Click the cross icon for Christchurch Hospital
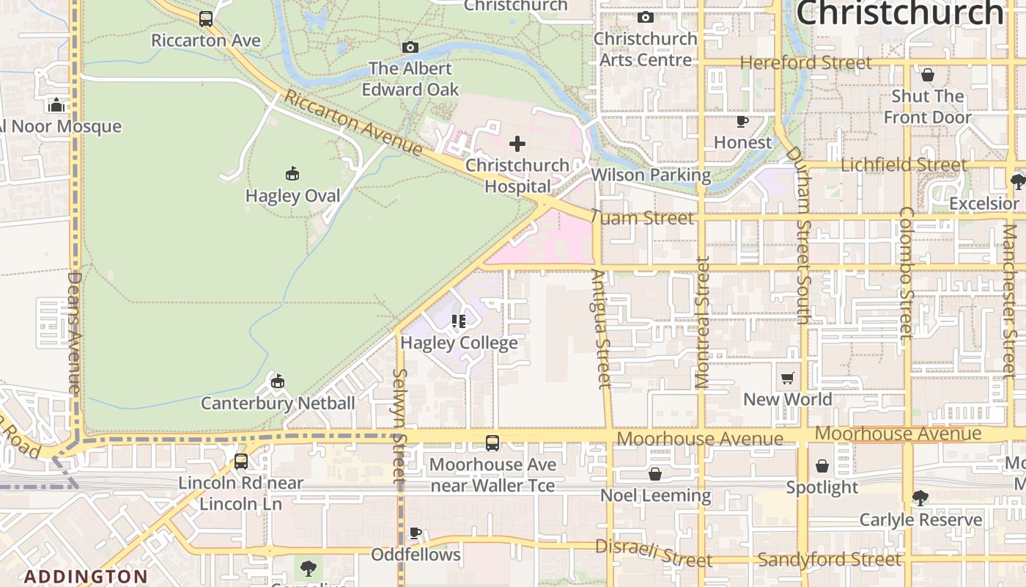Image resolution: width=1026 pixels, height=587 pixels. tap(517, 143)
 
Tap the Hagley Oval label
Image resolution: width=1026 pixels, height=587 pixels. tap(292, 196)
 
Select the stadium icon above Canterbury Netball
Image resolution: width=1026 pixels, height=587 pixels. tap(277, 382)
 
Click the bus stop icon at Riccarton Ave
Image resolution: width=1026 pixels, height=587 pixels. tap(206, 19)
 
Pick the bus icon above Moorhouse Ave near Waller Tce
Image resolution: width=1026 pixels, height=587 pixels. tap(492, 443)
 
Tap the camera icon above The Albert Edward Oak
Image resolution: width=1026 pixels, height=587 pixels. tap(410, 48)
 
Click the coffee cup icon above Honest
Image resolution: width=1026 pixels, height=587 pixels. tap(742, 121)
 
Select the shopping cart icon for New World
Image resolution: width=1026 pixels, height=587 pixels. tap(788, 379)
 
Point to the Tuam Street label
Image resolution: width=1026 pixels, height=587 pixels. tap(641, 218)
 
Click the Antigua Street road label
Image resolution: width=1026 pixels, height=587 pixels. tap(600, 329)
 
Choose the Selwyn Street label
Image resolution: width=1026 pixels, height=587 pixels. tap(399, 426)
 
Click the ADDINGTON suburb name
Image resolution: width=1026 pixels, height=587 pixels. tap(85, 576)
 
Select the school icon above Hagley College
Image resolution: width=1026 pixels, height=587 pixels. tap(459, 321)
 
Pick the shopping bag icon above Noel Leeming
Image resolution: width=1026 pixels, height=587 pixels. tap(655, 475)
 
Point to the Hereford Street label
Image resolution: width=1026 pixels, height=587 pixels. tap(805, 63)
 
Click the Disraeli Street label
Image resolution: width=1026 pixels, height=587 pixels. tap(653, 553)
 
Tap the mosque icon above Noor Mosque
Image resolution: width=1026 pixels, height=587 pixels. tap(56, 105)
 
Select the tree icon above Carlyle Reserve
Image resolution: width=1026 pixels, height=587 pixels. tap(920, 499)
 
